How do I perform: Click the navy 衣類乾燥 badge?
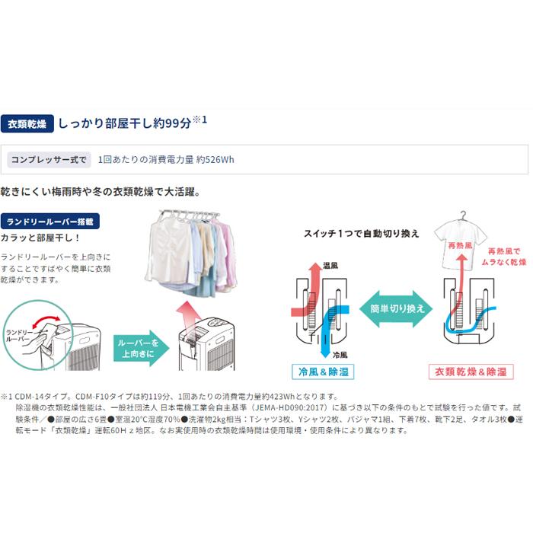(x=27, y=123)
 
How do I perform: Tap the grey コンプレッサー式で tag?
(x=49, y=160)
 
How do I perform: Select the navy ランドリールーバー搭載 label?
(x=50, y=222)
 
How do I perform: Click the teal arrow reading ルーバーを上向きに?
(x=141, y=348)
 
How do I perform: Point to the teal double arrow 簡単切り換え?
(x=396, y=308)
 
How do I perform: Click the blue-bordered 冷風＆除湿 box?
(x=323, y=372)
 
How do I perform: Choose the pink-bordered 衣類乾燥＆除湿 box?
(x=471, y=372)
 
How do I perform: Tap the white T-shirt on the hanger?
(x=460, y=241)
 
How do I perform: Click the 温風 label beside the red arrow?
(x=330, y=266)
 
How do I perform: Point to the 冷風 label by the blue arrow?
(x=340, y=356)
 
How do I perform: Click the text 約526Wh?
(x=215, y=160)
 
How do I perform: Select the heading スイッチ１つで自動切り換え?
(x=362, y=234)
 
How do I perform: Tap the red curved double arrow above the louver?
(x=46, y=320)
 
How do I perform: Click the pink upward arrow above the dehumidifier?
(x=189, y=315)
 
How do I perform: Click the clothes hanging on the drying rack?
(x=191, y=254)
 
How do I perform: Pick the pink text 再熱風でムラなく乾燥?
(x=504, y=257)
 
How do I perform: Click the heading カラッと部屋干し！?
(x=40, y=238)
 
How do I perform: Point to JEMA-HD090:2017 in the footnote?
(x=291, y=407)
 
